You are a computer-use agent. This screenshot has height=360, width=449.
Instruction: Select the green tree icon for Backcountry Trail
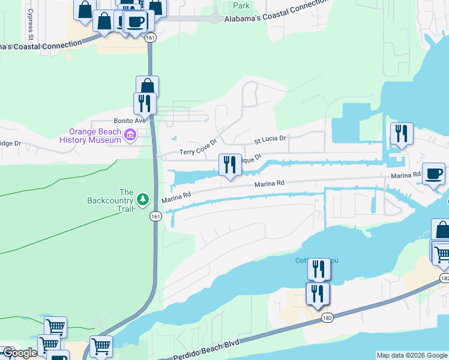coord(143,198)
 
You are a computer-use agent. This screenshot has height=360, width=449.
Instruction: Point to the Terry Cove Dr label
coord(197,151)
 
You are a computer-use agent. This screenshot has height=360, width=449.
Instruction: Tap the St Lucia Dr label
coord(271,140)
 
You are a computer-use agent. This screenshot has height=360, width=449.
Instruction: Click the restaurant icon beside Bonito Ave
coord(145,103)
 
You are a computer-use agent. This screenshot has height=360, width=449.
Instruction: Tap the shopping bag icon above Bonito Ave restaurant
coord(147,86)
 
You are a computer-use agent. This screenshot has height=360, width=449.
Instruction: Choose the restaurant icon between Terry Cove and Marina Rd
coord(230,164)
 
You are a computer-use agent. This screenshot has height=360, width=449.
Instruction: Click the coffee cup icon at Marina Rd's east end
coord(433,174)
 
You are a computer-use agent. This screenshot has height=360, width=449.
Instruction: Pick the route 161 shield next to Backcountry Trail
coord(155,217)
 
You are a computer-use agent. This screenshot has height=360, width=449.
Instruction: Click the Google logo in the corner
coord(20,353)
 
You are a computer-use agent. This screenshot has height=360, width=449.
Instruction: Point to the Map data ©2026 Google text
coord(412,355)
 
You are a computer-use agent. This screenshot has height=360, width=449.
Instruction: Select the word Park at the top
coord(241,5)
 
